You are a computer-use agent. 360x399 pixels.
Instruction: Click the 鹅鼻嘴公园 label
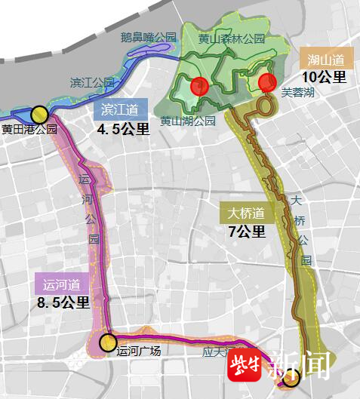click(148, 36)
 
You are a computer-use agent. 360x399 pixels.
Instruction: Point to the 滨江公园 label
click(91, 81)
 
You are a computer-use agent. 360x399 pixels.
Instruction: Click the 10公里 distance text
click(324, 77)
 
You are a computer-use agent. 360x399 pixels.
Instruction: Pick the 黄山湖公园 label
click(188, 120)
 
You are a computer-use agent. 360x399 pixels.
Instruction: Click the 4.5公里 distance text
click(123, 129)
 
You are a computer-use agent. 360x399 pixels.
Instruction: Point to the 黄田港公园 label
click(29, 129)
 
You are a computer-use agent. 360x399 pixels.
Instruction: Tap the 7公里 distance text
click(247, 232)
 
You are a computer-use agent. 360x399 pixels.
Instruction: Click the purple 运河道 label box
click(62, 284)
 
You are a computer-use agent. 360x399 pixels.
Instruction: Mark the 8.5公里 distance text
click(63, 302)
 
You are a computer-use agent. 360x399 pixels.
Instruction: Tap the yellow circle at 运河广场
click(107, 343)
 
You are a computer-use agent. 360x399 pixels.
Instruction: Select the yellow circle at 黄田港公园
click(39, 115)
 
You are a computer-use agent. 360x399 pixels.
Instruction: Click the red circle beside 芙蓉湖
click(266, 83)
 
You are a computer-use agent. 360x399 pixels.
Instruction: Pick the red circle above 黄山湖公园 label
click(199, 86)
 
